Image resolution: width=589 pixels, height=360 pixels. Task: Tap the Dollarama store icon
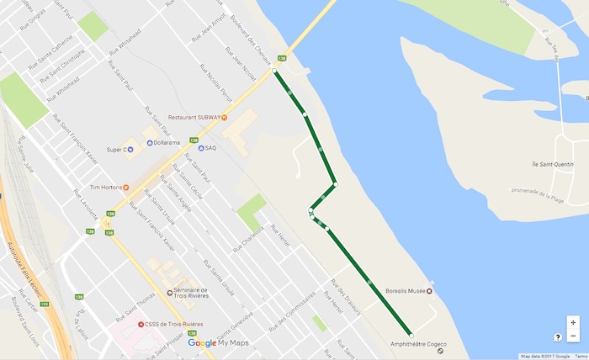150,143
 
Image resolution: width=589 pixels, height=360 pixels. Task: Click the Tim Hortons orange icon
126,187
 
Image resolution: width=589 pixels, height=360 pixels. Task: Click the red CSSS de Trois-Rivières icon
141,324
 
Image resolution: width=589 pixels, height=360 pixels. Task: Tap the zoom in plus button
573,322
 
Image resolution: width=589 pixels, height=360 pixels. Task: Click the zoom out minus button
573,336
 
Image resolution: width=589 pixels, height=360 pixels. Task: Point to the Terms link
581,357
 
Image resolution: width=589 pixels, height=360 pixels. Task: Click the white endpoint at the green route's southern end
411,335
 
